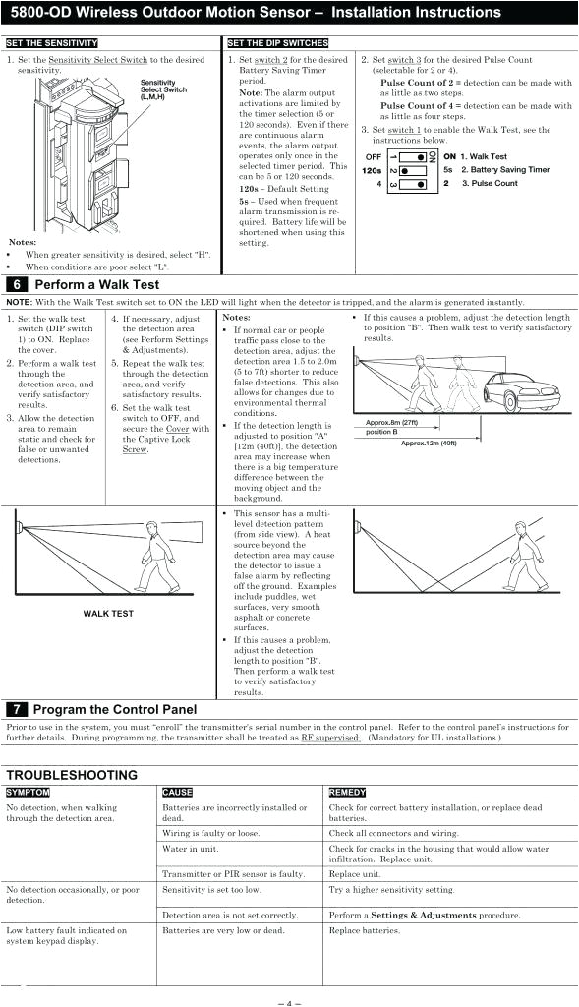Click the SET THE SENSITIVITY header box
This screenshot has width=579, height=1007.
point(52,44)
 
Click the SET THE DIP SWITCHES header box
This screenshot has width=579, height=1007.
point(277,44)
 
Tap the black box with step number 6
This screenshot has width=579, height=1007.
point(18,285)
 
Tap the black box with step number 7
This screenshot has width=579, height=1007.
point(18,709)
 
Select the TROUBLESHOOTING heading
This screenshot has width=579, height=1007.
point(72,775)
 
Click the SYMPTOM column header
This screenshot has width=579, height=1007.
point(29,792)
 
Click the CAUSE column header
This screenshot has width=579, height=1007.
point(177,792)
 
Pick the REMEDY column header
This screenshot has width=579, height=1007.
point(346,792)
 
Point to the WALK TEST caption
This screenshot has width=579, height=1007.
point(108,614)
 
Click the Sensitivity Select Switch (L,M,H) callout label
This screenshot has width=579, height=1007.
point(163,90)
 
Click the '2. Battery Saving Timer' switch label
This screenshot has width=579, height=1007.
point(504,170)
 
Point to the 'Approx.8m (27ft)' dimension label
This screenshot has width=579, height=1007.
point(391,423)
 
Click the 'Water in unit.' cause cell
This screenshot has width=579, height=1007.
point(188,848)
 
